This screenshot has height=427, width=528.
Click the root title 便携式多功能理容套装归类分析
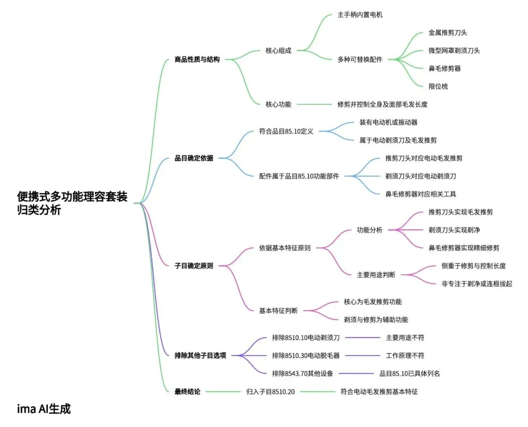point(72,203)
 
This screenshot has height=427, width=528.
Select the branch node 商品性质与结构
point(197,60)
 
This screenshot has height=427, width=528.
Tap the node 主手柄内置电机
point(360,15)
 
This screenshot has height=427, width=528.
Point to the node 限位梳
point(438,87)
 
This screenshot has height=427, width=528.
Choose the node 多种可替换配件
point(360,60)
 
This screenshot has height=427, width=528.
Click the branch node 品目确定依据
point(194,158)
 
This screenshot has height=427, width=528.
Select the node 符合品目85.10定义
point(286,131)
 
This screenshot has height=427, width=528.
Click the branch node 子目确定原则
point(194,266)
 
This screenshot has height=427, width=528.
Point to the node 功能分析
point(370,230)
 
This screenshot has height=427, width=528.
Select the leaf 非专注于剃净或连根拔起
point(477,284)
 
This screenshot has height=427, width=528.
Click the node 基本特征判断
point(278,311)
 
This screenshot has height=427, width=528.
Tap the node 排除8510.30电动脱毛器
point(306,356)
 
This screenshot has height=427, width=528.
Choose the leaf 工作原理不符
point(404,356)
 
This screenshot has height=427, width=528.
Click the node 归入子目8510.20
point(270,391)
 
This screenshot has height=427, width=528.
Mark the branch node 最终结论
point(187,391)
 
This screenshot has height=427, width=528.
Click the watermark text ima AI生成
point(44,409)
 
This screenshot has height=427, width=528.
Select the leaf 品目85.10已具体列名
point(410,374)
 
